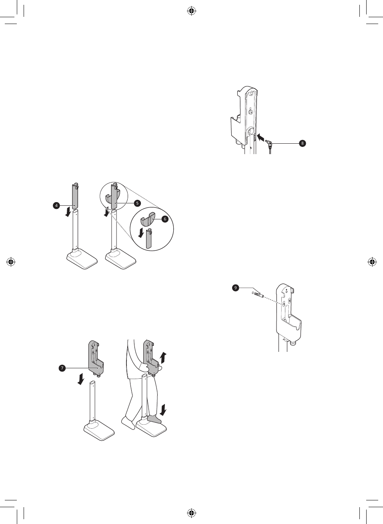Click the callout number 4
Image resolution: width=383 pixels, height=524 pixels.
(56, 205)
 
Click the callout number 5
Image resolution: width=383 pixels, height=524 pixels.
(137, 203)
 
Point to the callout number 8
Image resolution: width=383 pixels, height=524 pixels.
(303, 143)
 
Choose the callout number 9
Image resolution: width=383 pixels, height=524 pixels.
(236, 287)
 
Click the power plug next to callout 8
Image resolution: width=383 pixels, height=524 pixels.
(271, 143)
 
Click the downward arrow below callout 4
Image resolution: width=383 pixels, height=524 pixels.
(69, 212)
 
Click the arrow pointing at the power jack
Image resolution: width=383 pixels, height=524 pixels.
(260, 138)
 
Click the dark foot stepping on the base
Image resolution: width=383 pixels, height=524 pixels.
(154, 418)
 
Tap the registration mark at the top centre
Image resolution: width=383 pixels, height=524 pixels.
(192, 11)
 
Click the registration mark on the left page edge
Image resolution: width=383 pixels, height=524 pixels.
(11, 262)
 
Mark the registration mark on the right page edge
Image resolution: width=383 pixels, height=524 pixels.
(372, 262)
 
